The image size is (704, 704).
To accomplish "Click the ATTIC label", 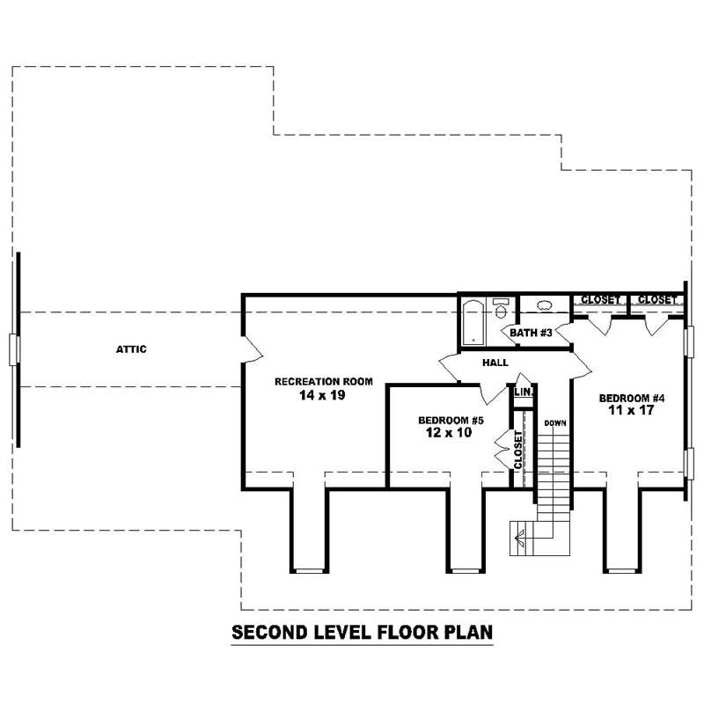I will tap(131, 349).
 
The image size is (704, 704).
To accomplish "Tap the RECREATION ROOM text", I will tap(324, 382).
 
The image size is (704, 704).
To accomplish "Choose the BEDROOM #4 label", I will tap(632, 397).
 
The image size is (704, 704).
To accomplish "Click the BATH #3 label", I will tap(531, 333).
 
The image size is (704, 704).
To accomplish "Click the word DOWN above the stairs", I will tap(554, 423).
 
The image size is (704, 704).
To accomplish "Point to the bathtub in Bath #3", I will tap(473, 322).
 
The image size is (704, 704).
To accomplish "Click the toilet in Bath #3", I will tap(501, 310).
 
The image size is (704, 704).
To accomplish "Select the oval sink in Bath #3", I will tap(544, 307).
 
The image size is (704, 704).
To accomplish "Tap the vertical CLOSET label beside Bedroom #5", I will tap(518, 449).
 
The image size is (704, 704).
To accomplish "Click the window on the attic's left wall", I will tap(13, 349).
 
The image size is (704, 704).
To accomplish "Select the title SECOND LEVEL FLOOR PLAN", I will tap(361, 633).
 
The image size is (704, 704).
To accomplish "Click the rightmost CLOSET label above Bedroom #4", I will tap(657, 300).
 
